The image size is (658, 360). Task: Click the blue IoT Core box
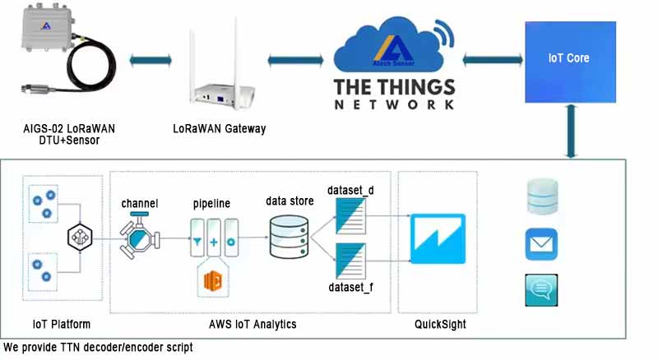570,62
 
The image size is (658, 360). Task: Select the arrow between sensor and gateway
151,60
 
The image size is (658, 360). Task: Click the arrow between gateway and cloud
296,61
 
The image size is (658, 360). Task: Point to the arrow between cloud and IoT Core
493,60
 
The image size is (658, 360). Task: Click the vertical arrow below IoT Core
571,132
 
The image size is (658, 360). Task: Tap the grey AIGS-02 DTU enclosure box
48,28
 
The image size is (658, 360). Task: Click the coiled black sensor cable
90,64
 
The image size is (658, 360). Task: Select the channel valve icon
140,236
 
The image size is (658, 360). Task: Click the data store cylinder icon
289,237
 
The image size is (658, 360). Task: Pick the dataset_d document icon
351,216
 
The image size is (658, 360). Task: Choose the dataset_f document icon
351,261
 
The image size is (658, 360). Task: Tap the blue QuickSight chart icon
438,238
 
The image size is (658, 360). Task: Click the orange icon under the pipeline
213,281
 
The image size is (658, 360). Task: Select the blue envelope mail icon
541,244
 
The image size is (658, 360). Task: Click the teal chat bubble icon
541,290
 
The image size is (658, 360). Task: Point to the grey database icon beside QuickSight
542,196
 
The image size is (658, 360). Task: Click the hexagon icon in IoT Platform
80,237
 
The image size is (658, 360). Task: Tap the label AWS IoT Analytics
253,325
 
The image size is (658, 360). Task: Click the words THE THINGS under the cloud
395,87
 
